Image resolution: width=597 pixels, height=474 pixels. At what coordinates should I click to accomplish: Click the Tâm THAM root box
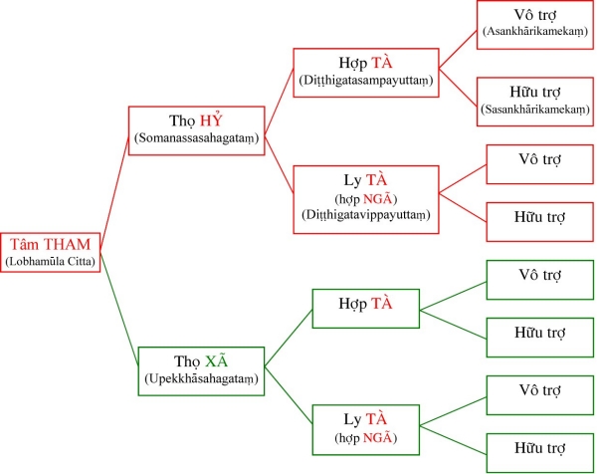tap(52, 250)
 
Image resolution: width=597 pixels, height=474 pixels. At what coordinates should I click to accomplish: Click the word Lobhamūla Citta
tap(52, 262)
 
